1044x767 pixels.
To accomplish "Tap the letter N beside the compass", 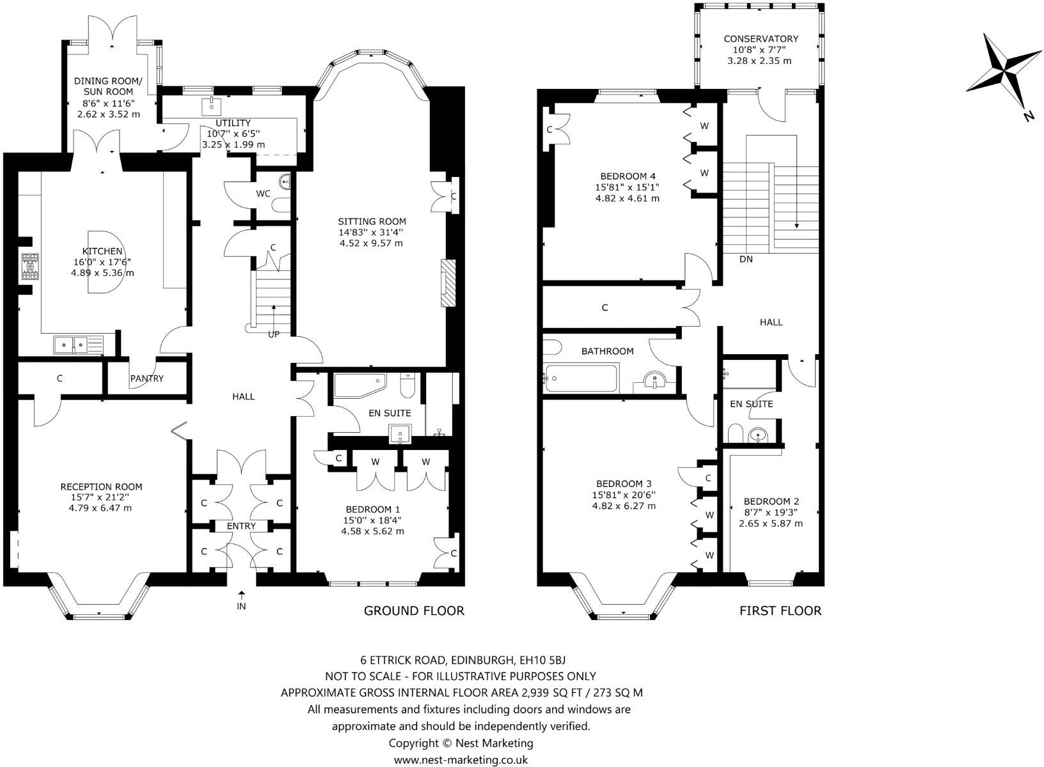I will [1029, 116].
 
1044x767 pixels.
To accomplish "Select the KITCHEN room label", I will [102, 251].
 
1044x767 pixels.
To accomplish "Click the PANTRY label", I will [147, 378].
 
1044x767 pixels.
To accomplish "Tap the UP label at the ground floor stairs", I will [273, 334].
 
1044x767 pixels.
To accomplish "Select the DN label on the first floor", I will [746, 259].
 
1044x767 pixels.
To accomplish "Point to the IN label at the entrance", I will [241, 606].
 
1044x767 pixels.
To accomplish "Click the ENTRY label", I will [241, 526].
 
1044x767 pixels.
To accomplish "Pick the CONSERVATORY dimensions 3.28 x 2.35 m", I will [759, 61].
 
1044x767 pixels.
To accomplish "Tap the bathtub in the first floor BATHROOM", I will [581, 378].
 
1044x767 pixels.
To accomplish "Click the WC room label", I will [263, 193].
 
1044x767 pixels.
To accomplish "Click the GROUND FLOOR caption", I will [414, 610].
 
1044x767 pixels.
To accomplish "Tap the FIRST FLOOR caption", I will [780, 610].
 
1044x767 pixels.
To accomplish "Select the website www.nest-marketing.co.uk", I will [461, 760].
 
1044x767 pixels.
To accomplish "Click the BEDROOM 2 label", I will [771, 502].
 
